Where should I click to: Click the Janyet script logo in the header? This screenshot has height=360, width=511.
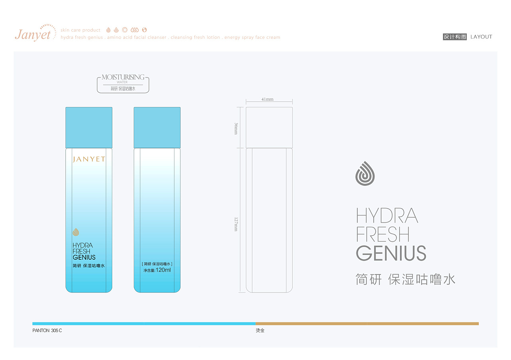[36, 33]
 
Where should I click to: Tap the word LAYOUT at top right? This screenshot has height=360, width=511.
[481, 37]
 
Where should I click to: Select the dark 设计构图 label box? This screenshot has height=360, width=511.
[455, 37]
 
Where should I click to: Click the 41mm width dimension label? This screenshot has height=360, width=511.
[267, 99]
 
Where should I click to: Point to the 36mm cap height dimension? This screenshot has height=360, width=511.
[236, 129]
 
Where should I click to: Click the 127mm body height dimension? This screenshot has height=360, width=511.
[236, 224]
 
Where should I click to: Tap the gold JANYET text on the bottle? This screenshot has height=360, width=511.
[89, 159]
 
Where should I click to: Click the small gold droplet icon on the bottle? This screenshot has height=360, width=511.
[76, 232]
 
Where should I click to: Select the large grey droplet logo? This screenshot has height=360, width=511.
[365, 173]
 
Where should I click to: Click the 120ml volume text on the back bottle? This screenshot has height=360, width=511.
[163, 270]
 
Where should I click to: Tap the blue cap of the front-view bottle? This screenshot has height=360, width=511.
[89, 127]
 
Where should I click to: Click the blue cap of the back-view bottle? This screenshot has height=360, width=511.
[157, 127]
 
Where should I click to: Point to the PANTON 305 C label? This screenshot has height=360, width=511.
[47, 330]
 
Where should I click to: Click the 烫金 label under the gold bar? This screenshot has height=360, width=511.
[260, 330]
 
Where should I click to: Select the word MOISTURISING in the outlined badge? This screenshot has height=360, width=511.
[123, 77]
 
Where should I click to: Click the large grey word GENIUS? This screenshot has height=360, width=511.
[391, 253]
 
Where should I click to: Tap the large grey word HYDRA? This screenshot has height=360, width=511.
[387, 215]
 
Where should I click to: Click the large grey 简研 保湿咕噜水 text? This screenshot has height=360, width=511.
[405, 279]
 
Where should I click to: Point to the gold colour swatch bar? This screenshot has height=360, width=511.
[367, 324]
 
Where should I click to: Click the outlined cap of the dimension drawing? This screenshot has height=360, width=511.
[269, 127]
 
